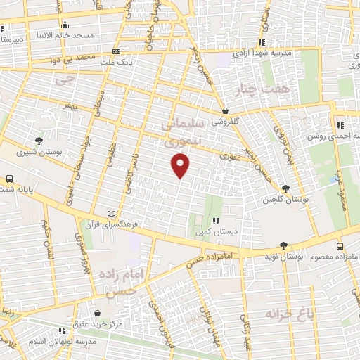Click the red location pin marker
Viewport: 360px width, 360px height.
(181, 165)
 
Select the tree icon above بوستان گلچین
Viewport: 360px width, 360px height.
(285, 188)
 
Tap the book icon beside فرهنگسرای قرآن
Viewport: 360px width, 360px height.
(109, 212)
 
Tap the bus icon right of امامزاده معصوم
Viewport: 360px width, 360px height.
(340, 246)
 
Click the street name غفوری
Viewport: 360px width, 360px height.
(230, 157)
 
